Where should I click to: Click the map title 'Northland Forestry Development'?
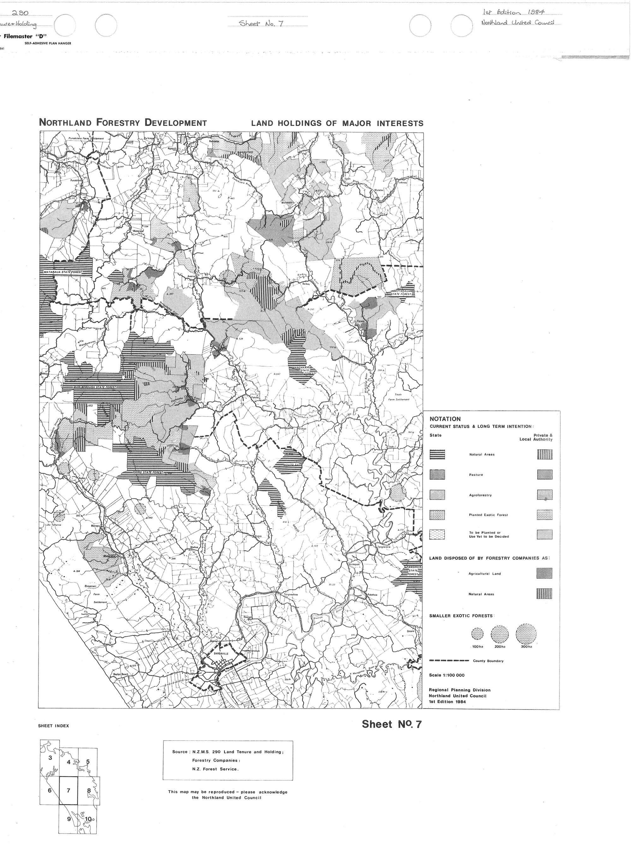click(123, 123)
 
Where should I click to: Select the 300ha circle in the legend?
click(526, 633)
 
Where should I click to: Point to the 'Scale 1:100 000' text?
click(447, 675)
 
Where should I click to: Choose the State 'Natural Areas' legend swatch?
click(437, 454)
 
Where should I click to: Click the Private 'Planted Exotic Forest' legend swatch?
click(545, 515)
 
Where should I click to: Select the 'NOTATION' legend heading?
click(445, 419)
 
